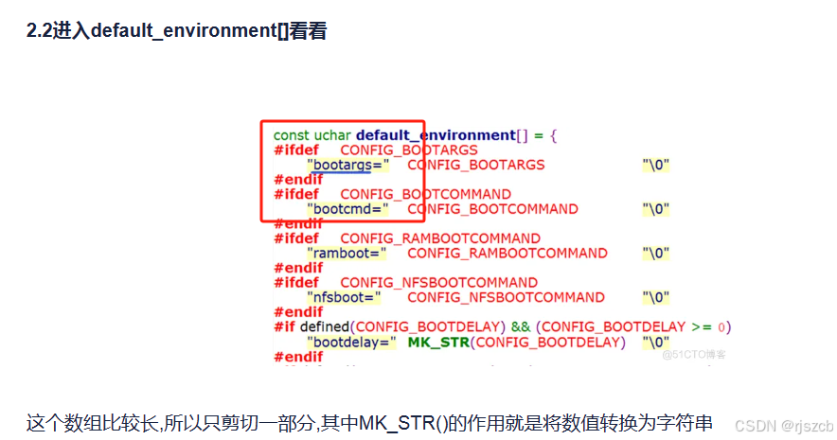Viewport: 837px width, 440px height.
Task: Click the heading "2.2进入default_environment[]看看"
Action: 177,31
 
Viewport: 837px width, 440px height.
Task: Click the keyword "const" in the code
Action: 292,135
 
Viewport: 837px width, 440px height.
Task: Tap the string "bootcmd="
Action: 347,209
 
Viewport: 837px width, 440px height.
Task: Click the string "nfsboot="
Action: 344,297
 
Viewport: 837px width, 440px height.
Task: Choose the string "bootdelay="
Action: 350,342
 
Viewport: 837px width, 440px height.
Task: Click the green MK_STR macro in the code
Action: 438,342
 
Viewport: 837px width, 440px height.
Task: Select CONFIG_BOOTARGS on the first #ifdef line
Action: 409,150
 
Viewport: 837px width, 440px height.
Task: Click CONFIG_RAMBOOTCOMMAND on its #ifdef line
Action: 440,238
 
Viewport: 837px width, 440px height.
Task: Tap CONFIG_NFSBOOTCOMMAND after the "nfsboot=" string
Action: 506,297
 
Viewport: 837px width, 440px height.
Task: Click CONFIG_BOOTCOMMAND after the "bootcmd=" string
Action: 492,209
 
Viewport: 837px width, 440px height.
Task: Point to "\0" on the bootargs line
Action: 656,165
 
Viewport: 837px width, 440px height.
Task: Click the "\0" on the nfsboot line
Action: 656,297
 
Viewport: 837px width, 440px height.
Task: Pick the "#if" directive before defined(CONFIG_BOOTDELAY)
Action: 285,327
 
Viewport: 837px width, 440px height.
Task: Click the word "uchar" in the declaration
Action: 332,135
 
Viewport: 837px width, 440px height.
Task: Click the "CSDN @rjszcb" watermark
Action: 783,426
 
